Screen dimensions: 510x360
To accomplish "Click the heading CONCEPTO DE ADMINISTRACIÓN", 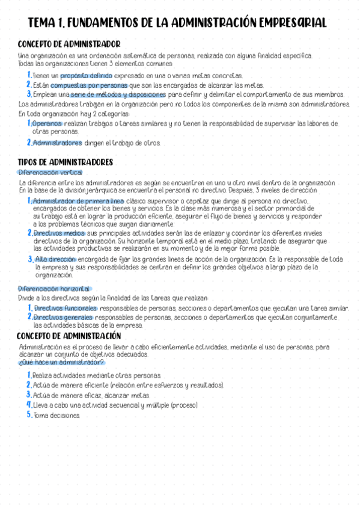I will coord(69,336).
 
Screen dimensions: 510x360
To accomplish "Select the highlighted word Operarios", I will coord(47,123).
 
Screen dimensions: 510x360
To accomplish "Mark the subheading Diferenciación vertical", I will coord(50,173).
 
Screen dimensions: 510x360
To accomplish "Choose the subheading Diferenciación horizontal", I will coord(53,289).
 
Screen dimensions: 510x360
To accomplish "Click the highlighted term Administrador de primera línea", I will coord(78,201).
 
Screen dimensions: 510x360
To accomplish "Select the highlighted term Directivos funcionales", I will coord(65,308).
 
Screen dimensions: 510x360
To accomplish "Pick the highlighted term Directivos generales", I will coord(63,317).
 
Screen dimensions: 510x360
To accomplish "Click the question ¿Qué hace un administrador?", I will coord(61,363).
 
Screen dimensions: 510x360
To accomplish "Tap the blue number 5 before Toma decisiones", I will coord(29,415).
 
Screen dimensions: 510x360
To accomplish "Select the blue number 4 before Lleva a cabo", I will coord(29,405).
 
